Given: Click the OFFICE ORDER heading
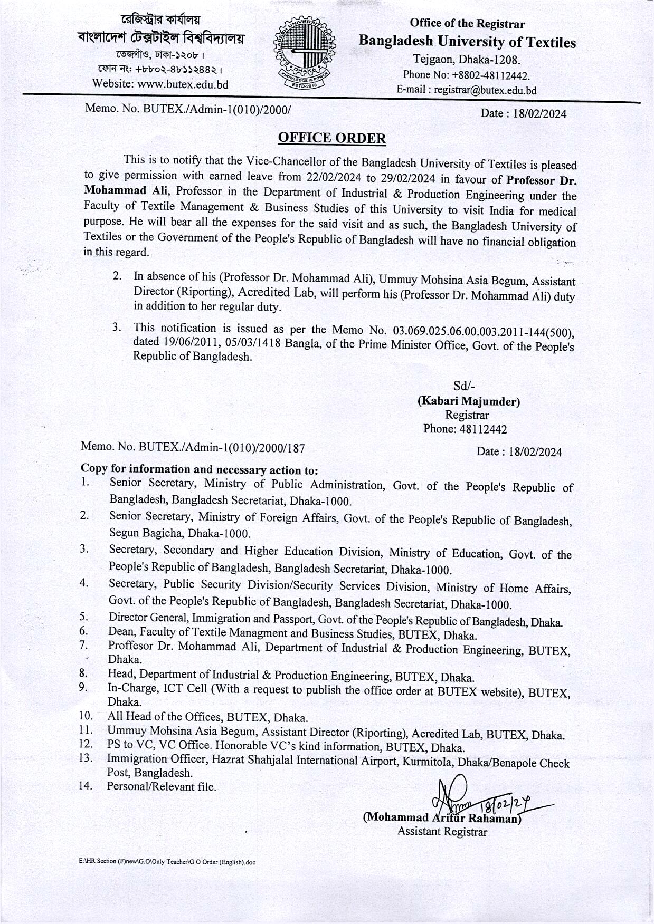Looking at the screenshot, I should click(x=331, y=138).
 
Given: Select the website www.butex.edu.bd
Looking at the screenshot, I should click(x=183, y=84).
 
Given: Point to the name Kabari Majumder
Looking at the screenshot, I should click(x=469, y=401).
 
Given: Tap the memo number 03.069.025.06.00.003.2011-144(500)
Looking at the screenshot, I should click(x=483, y=332).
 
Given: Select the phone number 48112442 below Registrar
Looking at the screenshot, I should click(x=483, y=429).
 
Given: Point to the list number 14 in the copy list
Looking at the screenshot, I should click(x=86, y=786).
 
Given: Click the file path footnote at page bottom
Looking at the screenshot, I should click(x=167, y=862).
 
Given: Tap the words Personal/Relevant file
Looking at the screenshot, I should click(x=162, y=787).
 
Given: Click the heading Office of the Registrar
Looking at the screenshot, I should click(x=467, y=23).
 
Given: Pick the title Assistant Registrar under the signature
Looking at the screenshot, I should click(x=442, y=832).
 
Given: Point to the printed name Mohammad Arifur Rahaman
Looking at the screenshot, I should click(x=442, y=818).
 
